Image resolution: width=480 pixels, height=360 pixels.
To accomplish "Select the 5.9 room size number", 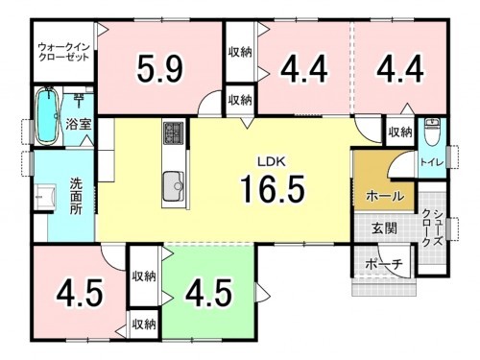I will (x=160, y=69).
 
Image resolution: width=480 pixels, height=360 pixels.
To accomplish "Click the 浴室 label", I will (x=78, y=123).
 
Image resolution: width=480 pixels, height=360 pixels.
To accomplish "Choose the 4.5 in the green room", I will (x=208, y=292).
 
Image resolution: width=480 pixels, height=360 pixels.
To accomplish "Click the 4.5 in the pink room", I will (x=80, y=292).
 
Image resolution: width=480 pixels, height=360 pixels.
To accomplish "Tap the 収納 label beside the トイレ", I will (x=400, y=132).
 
